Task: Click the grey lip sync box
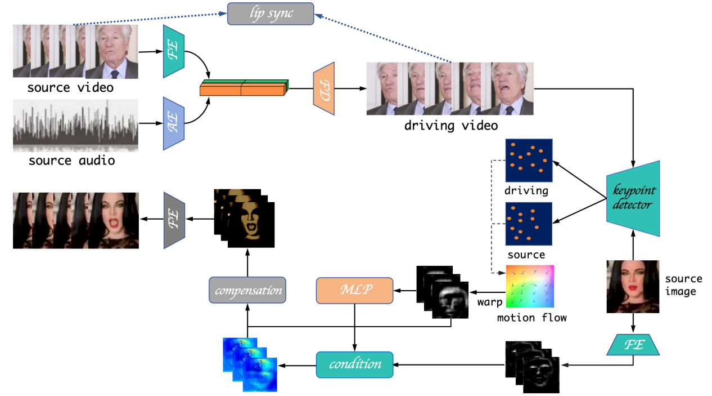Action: click(271, 14)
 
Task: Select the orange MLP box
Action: click(353, 291)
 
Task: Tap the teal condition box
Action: click(354, 364)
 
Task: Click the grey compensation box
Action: click(247, 291)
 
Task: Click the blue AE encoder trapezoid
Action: click(174, 123)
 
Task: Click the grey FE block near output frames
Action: click(174, 219)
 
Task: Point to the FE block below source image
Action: click(633, 344)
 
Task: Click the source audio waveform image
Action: click(75, 126)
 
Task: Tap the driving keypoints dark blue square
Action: click(529, 160)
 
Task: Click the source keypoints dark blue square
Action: click(529, 224)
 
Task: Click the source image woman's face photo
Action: click(632, 286)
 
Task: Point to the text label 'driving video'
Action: click(450, 126)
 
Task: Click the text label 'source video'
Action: click(70, 88)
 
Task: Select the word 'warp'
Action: click(490, 302)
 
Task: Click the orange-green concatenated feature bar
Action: click(244, 88)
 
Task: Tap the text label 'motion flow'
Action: click(531, 318)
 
